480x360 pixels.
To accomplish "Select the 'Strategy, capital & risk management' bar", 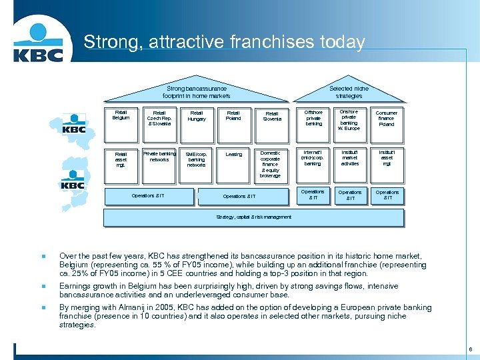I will click(x=254, y=217).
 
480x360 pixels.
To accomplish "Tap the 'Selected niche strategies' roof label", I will click(x=349, y=92).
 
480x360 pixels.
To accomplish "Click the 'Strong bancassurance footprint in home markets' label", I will click(x=197, y=92).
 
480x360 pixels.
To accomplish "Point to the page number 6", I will click(x=471, y=349).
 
